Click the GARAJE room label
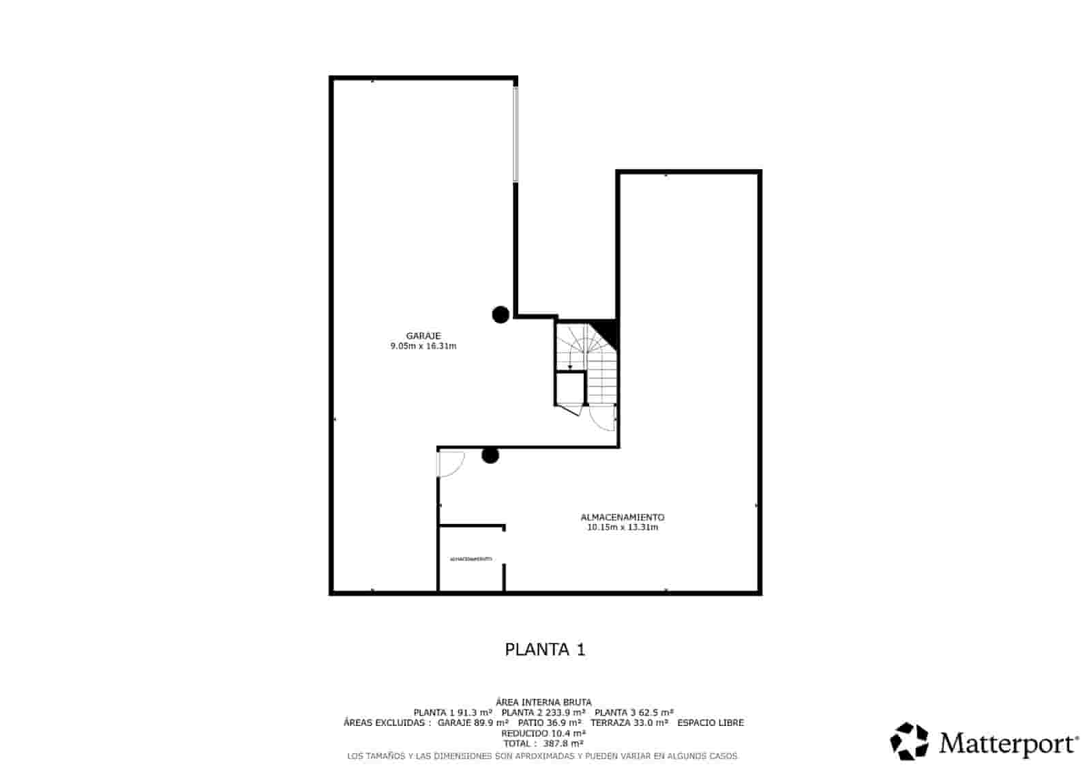(423, 336)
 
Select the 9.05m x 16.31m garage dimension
(423, 347)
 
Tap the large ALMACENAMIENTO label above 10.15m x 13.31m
(622, 517)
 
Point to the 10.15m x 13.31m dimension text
(622, 527)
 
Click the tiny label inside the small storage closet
(470, 559)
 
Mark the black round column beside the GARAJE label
(500, 315)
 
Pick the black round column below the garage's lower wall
(490, 456)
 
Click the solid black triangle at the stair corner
(608, 330)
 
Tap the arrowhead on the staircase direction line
(570, 367)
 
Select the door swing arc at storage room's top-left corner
(451, 464)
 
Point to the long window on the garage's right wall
(515, 134)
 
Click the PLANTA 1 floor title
(545, 650)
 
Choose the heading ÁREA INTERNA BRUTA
(543, 702)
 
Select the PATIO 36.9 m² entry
(550, 723)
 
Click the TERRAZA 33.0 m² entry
(629, 723)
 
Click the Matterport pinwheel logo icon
(909, 742)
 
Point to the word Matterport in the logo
(1008, 743)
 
